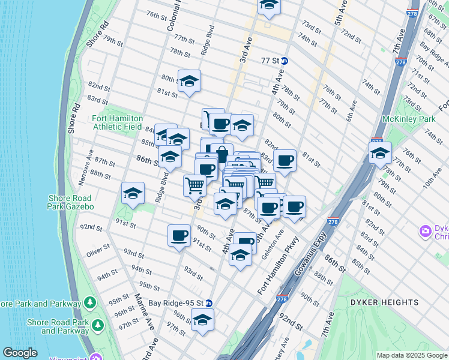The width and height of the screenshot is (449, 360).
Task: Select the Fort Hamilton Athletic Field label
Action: pyautogui.click(x=117, y=122)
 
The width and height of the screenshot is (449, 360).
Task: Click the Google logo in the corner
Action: pyautogui.click(x=20, y=353)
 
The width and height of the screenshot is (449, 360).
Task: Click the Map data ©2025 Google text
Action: pyautogui.click(x=412, y=355)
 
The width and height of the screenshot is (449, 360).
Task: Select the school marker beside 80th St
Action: pyautogui.click(x=189, y=82)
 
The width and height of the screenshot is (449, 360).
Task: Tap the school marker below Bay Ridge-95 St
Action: pyautogui.click(x=202, y=320)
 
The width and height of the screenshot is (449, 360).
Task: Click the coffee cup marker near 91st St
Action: pyautogui.click(x=179, y=236)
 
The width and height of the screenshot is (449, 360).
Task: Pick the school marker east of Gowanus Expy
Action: pyautogui.click(x=380, y=154)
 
